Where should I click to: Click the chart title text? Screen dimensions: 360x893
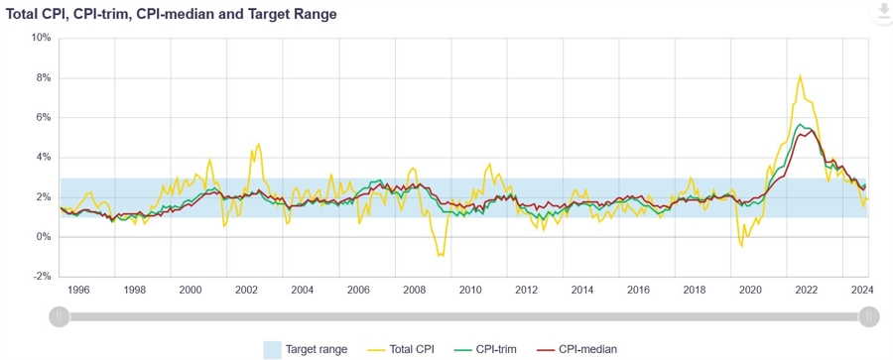(x=172, y=15)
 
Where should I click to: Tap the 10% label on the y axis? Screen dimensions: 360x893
(x=41, y=38)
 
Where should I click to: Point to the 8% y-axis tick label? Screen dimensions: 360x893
(x=44, y=77)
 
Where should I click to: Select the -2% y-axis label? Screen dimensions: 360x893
(x=42, y=277)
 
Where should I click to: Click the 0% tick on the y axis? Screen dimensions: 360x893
(x=44, y=237)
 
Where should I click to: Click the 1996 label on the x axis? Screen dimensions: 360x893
(x=78, y=290)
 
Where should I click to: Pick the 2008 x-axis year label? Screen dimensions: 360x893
(x=415, y=290)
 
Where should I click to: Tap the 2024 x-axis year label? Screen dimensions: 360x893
(x=862, y=290)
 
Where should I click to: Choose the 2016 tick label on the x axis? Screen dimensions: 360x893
(x=639, y=290)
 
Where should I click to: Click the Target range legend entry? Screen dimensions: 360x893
(x=316, y=349)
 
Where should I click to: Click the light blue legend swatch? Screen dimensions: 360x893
(x=272, y=349)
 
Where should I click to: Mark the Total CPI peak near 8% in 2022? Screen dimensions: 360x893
(x=801, y=75)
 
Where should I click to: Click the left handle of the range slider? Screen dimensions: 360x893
(x=59, y=316)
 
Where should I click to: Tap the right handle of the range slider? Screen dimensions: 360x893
(x=869, y=316)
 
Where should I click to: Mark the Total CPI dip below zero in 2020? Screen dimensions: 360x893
(x=742, y=245)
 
